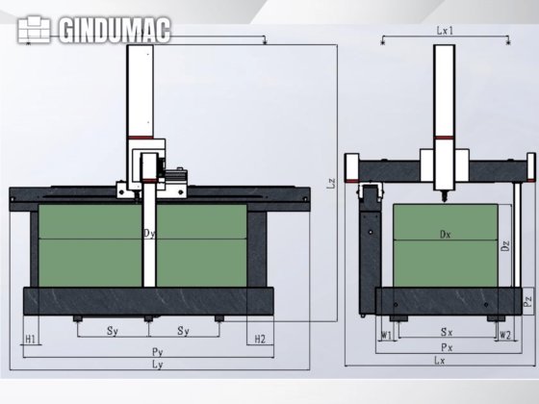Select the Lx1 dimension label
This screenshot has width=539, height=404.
(444, 31)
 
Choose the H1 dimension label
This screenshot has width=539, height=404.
(31, 340)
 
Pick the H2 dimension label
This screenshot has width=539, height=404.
(259, 340)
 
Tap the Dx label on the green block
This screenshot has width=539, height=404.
(444, 234)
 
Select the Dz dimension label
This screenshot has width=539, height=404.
(506, 246)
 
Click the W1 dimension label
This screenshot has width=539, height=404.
(385, 336)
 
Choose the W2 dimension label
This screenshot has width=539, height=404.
(504, 336)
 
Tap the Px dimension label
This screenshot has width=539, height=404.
(444, 346)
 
